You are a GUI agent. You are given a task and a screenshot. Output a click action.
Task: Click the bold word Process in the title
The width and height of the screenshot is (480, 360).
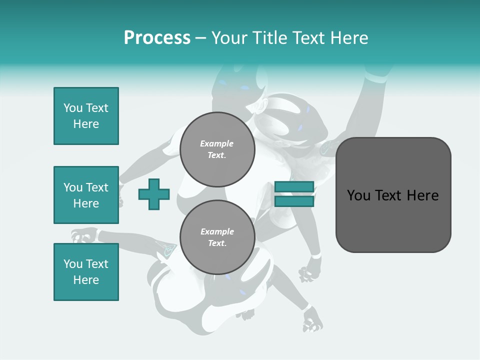pyautogui.click(x=157, y=38)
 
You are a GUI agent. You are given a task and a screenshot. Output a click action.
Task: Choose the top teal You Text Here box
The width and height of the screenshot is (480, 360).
pyautogui.click(x=86, y=116)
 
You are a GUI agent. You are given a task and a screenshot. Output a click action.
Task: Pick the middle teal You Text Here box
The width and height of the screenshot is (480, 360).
pyautogui.click(x=86, y=195)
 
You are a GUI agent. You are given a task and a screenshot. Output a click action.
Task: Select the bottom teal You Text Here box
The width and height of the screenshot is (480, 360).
pyautogui.click(x=86, y=272)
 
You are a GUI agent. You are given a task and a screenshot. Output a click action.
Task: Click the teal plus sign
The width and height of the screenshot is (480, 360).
pyautogui.click(x=154, y=194)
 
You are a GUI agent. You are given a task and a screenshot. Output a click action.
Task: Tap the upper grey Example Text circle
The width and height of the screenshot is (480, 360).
pyautogui.click(x=217, y=149)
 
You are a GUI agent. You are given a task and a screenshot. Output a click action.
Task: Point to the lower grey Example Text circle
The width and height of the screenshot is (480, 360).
pyautogui.click(x=217, y=237)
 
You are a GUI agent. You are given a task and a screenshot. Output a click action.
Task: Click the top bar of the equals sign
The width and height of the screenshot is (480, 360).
pyautogui.click(x=294, y=186)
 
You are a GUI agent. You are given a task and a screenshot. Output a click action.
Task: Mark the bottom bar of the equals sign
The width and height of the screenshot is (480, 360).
pyautogui.click(x=294, y=201)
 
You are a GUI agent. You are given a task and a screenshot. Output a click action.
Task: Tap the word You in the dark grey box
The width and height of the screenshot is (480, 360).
pyautogui.click(x=358, y=195)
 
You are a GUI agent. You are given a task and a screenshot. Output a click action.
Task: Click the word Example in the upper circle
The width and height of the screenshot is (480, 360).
pyautogui.click(x=217, y=143)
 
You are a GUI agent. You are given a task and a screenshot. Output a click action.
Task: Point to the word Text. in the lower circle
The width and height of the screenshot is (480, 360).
pyautogui.click(x=217, y=243)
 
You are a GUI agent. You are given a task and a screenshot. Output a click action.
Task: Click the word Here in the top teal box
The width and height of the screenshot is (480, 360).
pyautogui.click(x=86, y=124)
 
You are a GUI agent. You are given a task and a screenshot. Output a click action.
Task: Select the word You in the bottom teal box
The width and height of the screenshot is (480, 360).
pyautogui.click(x=73, y=264)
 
